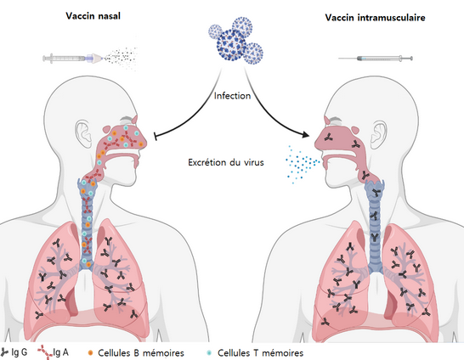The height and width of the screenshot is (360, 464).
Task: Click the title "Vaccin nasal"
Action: [93, 15]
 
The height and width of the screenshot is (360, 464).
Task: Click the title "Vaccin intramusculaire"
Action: [375, 18]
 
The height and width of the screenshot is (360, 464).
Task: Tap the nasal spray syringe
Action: [73, 58]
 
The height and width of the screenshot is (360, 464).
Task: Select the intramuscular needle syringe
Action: [376, 59]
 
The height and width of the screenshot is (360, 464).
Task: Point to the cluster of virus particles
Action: [235, 41]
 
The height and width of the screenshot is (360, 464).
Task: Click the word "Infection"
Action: [232, 96]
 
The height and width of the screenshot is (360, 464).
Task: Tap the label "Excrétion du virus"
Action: [226, 162]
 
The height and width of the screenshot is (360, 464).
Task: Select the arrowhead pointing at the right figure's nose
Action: [305, 135]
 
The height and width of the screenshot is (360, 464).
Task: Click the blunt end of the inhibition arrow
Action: [156, 136]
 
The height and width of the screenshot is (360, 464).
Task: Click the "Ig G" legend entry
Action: [14, 352]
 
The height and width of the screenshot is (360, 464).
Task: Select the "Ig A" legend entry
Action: [53, 352]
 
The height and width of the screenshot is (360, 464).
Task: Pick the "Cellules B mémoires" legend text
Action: [141, 353]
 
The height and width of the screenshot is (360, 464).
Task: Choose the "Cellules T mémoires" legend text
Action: [260, 353]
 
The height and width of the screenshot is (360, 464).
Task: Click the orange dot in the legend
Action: [91, 352]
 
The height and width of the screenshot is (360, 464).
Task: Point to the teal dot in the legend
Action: [210, 352]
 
